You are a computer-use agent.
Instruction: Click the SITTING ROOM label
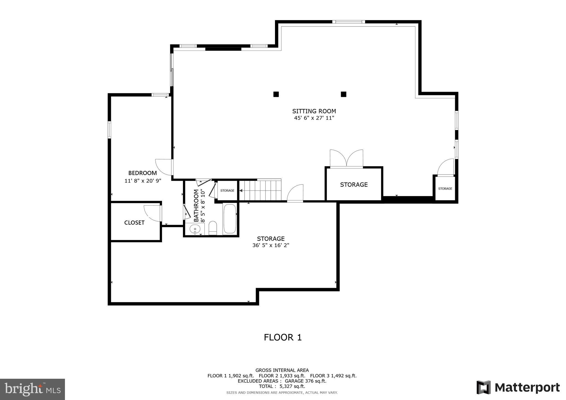point(314,111)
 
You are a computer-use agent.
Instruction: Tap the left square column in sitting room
point(276,94)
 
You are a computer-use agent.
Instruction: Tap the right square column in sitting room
point(343,94)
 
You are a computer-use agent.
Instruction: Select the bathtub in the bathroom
point(230,219)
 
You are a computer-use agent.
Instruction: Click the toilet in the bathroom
point(213,228)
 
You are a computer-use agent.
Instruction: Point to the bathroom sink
point(195,229)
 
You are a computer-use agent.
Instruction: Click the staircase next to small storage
point(260,190)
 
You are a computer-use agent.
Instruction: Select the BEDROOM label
point(142,173)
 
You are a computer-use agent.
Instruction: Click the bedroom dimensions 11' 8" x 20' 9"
point(143,181)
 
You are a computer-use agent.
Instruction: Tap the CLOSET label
point(134,223)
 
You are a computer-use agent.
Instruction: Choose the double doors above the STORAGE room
point(346,159)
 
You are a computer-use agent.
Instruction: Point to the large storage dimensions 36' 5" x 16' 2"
point(271,245)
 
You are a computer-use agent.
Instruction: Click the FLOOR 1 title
point(282,337)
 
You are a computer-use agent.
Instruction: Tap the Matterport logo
point(518,388)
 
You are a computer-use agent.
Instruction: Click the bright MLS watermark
point(32,389)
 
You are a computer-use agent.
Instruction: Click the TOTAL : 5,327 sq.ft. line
point(282,386)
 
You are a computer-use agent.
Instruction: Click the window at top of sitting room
point(348,22)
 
